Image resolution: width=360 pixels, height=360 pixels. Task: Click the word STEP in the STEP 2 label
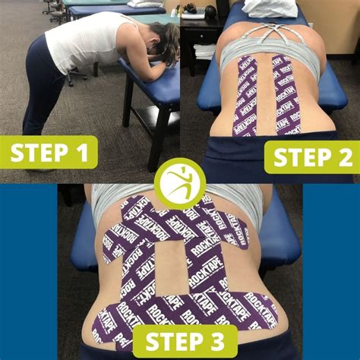pos(298,158)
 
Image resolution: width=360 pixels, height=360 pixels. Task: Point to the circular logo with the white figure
pos(181,183)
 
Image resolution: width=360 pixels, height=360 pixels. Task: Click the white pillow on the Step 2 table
pos(270,8)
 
